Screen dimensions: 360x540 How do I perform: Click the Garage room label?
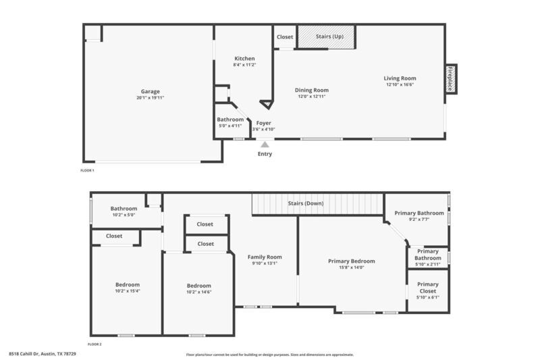(150, 91)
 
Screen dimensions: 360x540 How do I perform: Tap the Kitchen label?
(244, 59)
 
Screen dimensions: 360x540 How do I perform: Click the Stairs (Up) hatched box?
(327, 36)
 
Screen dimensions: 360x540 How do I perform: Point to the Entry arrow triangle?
(265, 143)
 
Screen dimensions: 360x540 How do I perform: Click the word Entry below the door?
(265, 154)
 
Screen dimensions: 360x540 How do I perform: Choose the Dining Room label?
(312, 90)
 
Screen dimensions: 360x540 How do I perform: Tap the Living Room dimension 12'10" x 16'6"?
(400, 84)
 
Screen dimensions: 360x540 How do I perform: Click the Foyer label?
(263, 123)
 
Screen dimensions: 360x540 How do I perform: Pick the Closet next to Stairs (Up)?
(284, 36)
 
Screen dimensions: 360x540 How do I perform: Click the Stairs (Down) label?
(305, 203)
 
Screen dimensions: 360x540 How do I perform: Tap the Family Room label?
(264, 257)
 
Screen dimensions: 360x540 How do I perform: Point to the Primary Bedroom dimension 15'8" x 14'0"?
(351, 267)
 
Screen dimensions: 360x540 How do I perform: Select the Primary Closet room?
(427, 290)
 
